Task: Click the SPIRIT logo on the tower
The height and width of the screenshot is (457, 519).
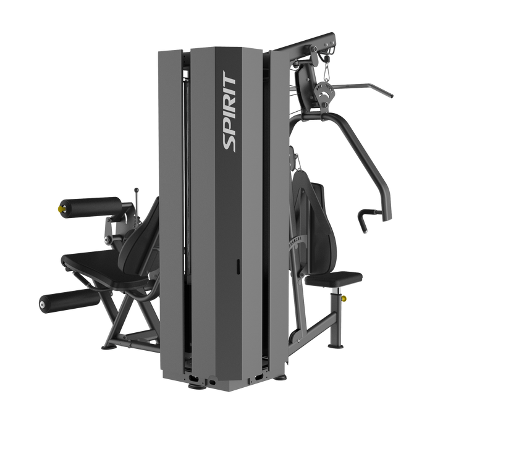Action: tap(230, 112)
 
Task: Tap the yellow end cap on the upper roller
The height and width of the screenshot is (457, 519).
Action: tap(61, 209)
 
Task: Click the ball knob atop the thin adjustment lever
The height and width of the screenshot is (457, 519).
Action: tap(136, 190)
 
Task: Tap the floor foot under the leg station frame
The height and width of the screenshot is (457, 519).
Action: tap(109, 347)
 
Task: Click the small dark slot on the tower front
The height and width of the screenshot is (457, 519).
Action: tap(237, 266)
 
